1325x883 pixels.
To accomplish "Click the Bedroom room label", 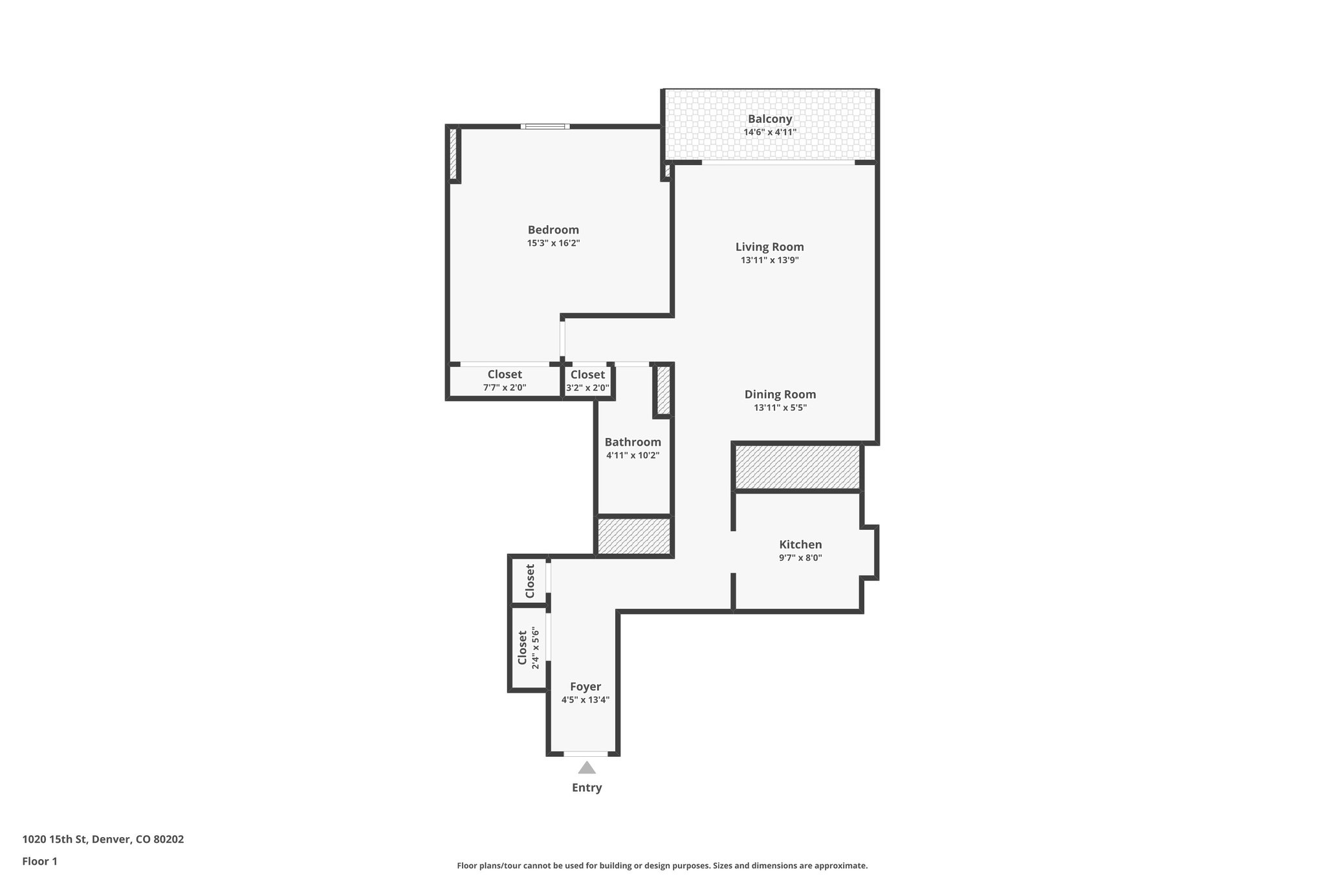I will [x=553, y=230].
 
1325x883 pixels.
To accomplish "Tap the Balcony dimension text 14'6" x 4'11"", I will [x=770, y=132].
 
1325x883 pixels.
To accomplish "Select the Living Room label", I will [x=769, y=246].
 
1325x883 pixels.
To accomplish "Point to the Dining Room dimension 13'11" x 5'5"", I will [x=780, y=408].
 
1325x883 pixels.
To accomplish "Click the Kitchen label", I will [x=800, y=544].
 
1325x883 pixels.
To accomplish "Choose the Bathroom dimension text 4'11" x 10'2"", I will [x=633, y=455].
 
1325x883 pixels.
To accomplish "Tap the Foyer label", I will [x=585, y=686].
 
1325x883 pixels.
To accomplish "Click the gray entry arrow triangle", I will [x=586, y=768].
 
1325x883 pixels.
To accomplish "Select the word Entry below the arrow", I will [x=586, y=787].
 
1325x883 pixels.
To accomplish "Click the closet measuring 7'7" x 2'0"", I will [x=505, y=381].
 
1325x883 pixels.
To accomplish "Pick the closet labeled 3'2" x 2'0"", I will [x=587, y=381].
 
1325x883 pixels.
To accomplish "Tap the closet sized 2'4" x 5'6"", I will [x=528, y=648].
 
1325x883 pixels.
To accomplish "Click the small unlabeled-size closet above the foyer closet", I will [x=529, y=581].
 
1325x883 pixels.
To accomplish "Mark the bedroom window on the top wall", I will [x=545, y=126].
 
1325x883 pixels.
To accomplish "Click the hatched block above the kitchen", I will [x=797, y=466].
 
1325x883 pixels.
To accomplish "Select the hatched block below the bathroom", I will [x=633, y=536].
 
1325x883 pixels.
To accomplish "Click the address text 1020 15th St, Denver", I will [x=103, y=839].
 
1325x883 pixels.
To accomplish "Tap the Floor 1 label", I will [x=39, y=861].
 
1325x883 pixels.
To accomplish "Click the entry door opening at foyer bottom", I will [x=586, y=754].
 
